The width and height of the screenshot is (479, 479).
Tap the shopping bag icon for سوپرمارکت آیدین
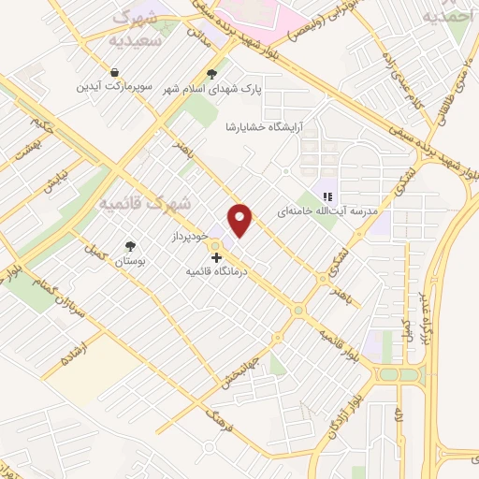click(114, 72)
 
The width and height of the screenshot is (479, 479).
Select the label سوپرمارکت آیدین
click(114, 87)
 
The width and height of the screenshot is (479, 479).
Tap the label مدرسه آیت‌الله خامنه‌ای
click(327, 212)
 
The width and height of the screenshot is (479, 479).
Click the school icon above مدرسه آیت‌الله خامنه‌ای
click(327, 196)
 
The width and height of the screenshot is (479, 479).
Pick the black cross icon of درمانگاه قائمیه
click(216, 256)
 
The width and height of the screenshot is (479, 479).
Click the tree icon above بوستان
click(130, 247)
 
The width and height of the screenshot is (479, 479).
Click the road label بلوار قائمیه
click(338, 345)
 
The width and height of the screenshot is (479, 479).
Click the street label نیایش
click(59, 179)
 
